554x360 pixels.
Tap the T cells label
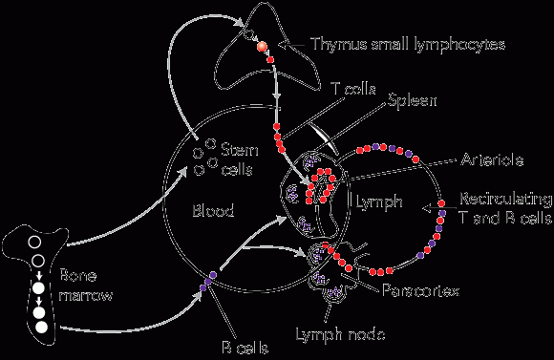tap(353, 89)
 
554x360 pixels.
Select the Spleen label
tap(412, 101)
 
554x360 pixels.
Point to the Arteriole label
tap(492, 160)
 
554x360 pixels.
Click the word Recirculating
tap(505, 200)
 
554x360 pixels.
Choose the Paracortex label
tap(421, 290)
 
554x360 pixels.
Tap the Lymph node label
tap(340, 334)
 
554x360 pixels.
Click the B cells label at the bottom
tap(245, 348)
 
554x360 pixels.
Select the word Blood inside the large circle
tap(213, 210)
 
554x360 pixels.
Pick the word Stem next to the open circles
tap(240, 150)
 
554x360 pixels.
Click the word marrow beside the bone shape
tap(86, 295)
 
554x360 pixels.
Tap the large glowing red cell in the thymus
tap(262, 46)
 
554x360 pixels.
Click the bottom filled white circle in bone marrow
tap(42, 328)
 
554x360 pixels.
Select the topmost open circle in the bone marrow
tap(34, 243)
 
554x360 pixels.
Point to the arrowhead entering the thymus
tap(240, 22)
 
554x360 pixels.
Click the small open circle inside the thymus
tap(248, 35)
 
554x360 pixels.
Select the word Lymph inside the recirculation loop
tap(379, 201)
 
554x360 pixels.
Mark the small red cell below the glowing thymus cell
tap(270, 60)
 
